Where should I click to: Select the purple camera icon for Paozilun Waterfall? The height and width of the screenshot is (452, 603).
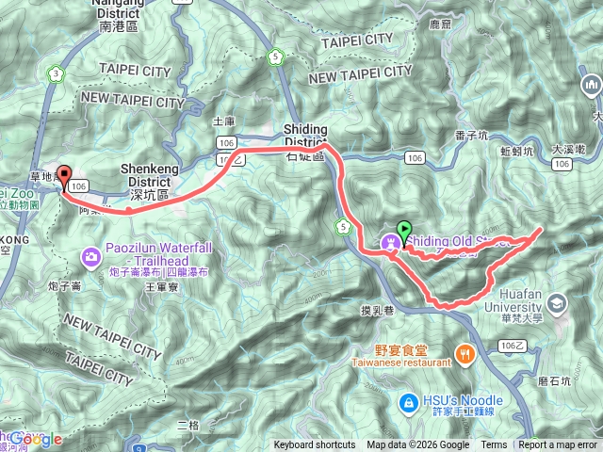pos(90,255)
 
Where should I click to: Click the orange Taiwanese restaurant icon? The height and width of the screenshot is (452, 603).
pos(464,354)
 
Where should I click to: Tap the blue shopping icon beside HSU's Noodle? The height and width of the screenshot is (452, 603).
pos(408,403)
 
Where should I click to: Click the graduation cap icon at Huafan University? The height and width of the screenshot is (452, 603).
pos(558,302)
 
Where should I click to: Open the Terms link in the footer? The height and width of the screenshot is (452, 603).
pos(494,445)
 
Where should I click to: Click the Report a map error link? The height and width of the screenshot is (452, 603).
pos(559,445)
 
